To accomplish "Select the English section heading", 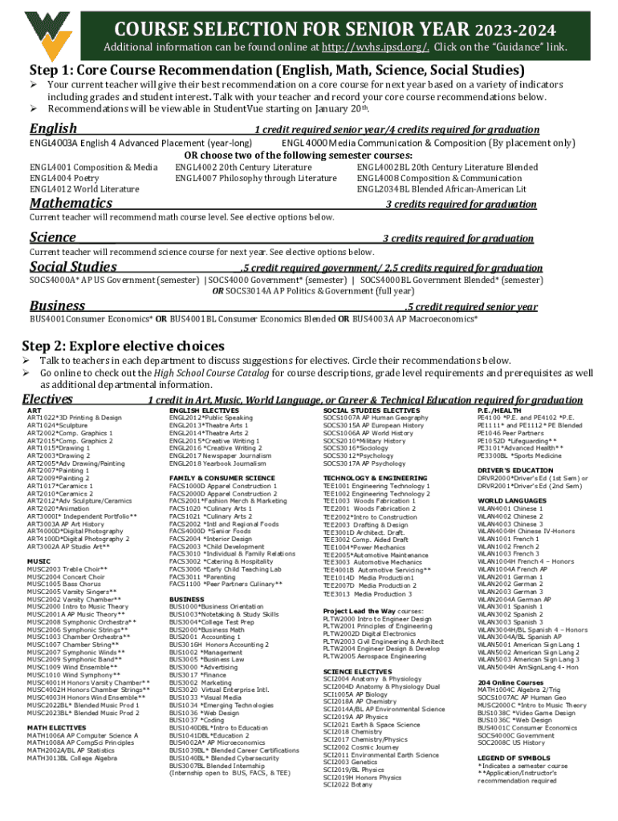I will pos(53,128).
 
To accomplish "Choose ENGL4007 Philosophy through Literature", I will pos(255,178).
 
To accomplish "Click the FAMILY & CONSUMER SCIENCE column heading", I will pos(222,478).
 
